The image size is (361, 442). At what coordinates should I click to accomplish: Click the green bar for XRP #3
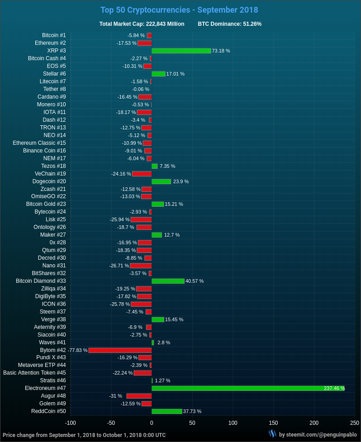[x=181, y=51]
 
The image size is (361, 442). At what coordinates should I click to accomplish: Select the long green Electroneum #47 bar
[x=247, y=388]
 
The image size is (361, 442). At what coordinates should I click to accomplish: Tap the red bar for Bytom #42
[x=120, y=350]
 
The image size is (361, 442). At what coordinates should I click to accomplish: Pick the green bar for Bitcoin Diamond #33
[x=168, y=281]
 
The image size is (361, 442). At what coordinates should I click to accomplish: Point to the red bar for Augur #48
[x=139, y=396]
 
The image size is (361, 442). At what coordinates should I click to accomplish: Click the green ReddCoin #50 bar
[x=166, y=411]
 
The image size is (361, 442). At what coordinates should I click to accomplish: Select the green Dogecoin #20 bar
[x=161, y=181]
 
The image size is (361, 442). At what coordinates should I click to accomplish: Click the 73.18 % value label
[x=221, y=51]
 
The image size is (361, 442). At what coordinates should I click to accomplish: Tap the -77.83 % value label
[x=77, y=350]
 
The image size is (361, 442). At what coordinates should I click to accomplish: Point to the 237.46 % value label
[x=334, y=388]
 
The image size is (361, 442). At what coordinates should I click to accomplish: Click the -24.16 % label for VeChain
[x=121, y=174]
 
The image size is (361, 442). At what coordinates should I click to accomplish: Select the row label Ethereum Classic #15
[x=39, y=143]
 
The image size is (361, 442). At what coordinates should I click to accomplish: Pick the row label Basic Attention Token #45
[x=34, y=373]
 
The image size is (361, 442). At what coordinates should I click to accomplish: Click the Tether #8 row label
[x=54, y=89]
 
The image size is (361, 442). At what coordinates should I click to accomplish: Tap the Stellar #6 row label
[x=54, y=74]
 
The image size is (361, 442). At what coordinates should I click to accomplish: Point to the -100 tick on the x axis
[x=71, y=423]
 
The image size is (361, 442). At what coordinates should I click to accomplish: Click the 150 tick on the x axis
[x=273, y=423]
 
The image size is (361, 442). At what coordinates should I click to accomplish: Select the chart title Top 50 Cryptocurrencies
[x=179, y=10]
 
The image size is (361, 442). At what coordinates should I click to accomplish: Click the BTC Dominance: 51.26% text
[x=229, y=24]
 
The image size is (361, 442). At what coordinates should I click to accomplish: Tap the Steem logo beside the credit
[x=272, y=434]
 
